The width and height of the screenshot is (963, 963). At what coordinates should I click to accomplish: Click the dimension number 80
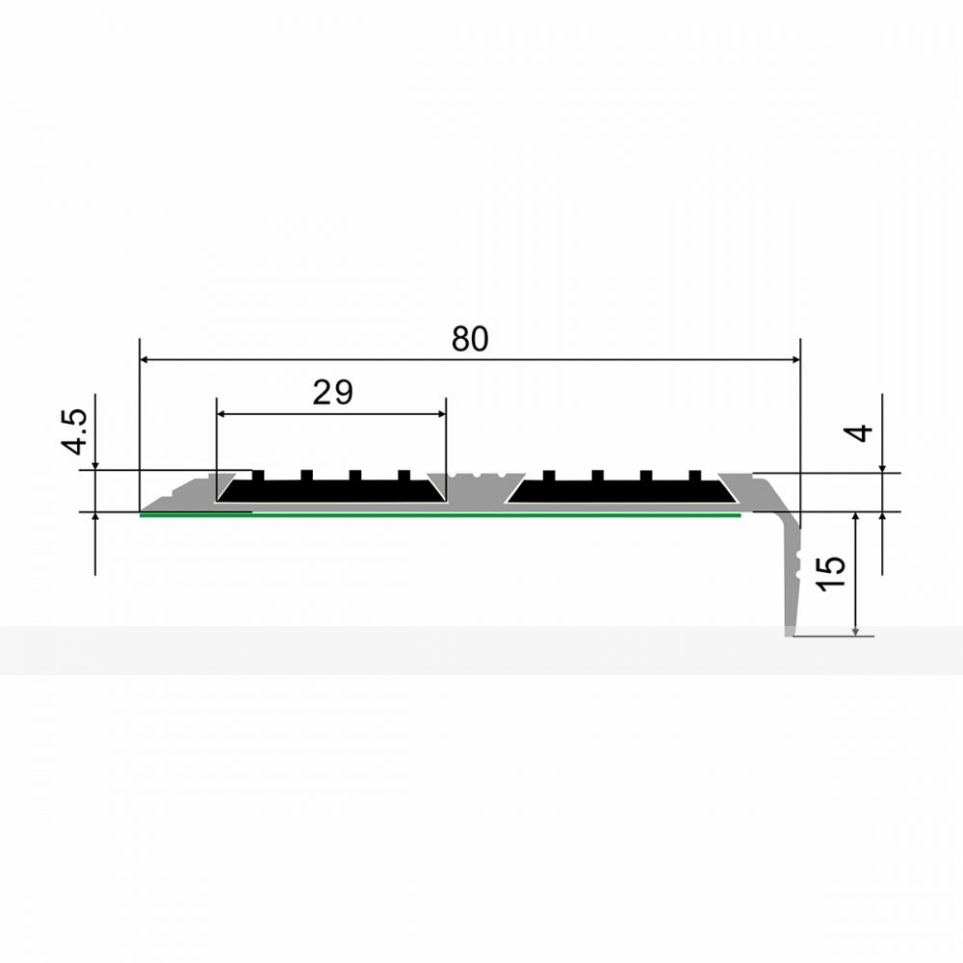[x=470, y=339]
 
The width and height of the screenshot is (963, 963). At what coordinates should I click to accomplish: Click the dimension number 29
[x=333, y=393]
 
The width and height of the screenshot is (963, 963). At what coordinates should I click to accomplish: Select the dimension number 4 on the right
[x=862, y=433]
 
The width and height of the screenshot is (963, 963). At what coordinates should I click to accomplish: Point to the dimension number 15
[x=832, y=574]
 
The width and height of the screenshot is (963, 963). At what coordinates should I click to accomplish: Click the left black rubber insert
[x=331, y=489]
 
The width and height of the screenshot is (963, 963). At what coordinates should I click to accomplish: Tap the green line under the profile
[x=440, y=515]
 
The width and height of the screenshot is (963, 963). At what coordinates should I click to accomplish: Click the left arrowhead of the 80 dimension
[x=145, y=359]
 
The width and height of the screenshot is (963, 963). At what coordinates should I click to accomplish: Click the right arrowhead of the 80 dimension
[x=795, y=359]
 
